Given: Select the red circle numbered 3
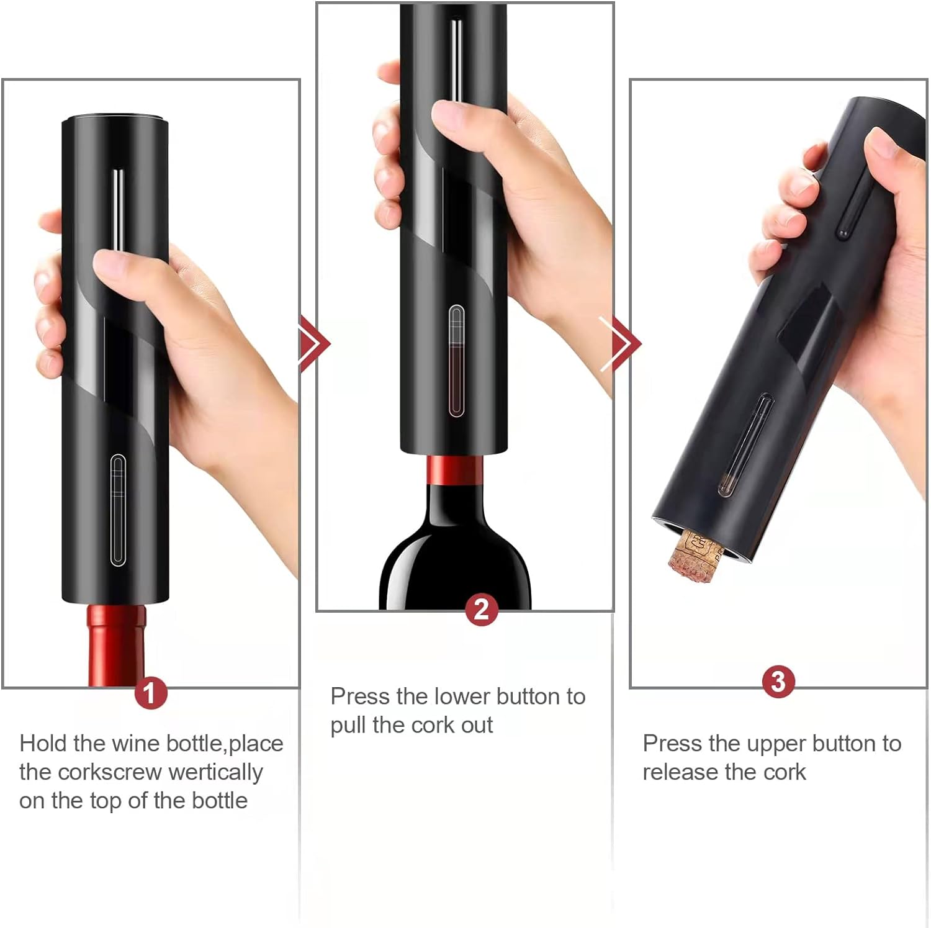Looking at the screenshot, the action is (x=778, y=682).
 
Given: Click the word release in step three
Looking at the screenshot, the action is (x=680, y=772).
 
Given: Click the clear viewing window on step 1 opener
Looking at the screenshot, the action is (x=118, y=510).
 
